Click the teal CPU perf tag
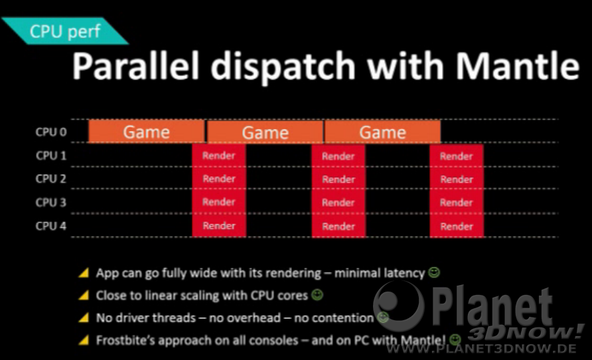click(65, 31)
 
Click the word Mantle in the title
click(517, 66)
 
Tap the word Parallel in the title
click(135, 66)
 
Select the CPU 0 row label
click(50, 132)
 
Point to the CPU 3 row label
click(50, 203)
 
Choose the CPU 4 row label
click(50, 226)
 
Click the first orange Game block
click(146, 132)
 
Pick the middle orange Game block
click(265, 132)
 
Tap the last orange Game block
click(382, 132)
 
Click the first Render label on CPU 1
click(218, 155)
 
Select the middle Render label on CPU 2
click(338, 179)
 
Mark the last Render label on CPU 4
click(457, 226)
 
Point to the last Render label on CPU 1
click(456, 156)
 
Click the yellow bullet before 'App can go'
click(84, 272)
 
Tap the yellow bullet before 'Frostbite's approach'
click(84, 340)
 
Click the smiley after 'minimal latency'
click(434, 272)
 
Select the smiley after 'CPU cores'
click(317, 295)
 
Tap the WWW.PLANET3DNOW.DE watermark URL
click(481, 348)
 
